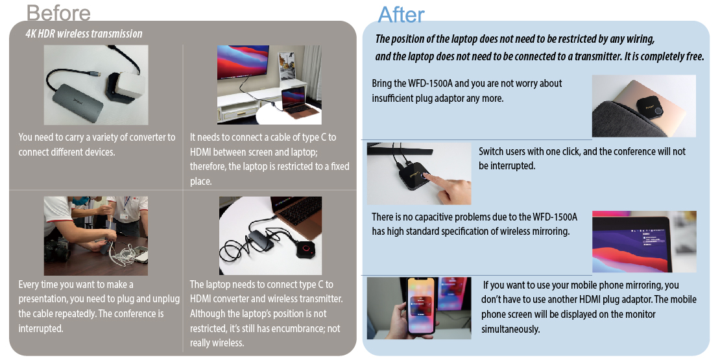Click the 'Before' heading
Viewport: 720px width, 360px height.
click(x=58, y=12)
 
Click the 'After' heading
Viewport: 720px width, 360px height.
click(x=401, y=15)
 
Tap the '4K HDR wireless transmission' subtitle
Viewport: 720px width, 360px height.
click(x=84, y=34)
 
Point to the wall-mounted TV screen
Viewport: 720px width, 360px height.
click(x=243, y=62)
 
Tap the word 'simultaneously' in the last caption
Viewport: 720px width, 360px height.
click(x=510, y=330)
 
